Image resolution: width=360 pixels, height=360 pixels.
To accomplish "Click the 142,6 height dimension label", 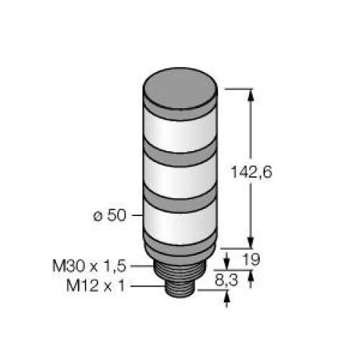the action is click(x=251, y=172).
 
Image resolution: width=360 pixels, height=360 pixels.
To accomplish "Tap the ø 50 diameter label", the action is click(x=109, y=215).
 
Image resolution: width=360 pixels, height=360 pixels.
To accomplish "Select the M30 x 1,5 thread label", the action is click(x=89, y=266).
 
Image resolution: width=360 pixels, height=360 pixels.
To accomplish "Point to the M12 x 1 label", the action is click(x=96, y=286).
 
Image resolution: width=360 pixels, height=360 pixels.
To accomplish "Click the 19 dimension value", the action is click(x=251, y=259).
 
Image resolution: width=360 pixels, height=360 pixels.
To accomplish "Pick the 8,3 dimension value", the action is click(x=226, y=280).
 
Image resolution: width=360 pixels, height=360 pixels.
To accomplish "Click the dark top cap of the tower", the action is click(x=180, y=88).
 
